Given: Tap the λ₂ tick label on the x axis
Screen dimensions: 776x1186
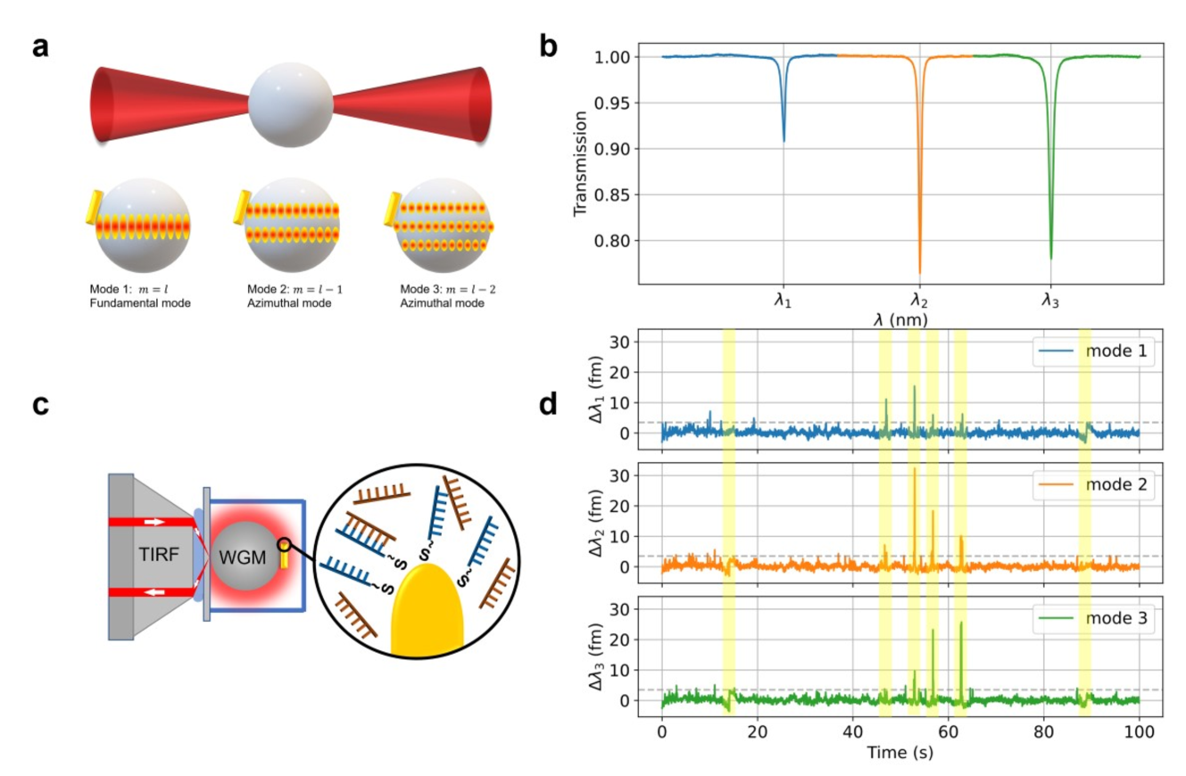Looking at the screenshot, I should pyautogui.click(x=918, y=301).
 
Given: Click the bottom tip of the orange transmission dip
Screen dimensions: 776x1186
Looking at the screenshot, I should pyautogui.click(x=919, y=272).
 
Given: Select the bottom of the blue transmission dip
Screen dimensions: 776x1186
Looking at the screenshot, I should pyautogui.click(x=784, y=140).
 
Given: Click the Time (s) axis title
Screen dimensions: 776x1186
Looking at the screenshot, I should pyautogui.click(x=900, y=753).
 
